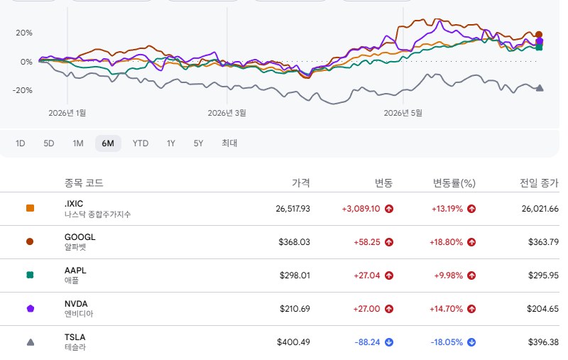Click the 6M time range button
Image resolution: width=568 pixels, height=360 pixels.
(108, 143)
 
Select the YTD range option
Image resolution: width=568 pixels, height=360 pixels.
(141, 143)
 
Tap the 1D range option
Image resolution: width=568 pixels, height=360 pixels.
(21, 143)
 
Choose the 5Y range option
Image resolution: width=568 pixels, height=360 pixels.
(198, 143)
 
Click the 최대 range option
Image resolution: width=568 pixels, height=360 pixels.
(229, 143)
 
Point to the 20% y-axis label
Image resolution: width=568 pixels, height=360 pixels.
(24, 33)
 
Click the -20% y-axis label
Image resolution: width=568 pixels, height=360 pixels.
(23, 90)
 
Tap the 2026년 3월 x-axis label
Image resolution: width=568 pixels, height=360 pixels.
(226, 113)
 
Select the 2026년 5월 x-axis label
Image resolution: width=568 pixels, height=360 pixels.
(403, 113)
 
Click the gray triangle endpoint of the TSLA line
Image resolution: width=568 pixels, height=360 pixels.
(540, 87)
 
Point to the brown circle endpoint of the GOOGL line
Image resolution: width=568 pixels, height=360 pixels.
(539, 35)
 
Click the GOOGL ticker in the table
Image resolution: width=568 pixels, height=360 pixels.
(80, 237)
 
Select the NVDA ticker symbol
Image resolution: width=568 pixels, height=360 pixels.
(76, 303)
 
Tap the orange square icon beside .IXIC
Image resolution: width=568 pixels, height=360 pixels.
(30, 208)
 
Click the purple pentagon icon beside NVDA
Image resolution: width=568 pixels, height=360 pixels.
(31, 309)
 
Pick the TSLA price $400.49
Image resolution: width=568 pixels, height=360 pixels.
(293, 342)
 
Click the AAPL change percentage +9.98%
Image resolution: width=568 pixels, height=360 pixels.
(449, 276)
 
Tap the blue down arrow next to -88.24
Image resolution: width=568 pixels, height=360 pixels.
(389, 342)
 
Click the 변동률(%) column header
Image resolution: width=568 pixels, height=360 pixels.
(454, 183)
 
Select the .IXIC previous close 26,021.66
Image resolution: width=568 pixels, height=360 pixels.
(540, 209)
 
